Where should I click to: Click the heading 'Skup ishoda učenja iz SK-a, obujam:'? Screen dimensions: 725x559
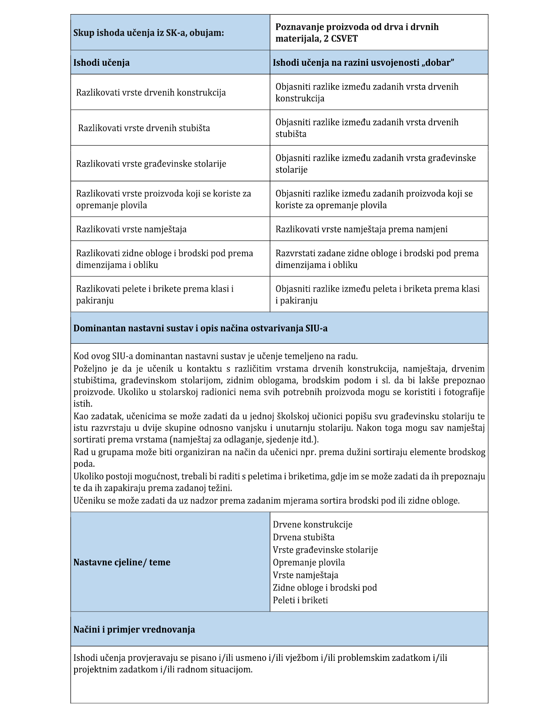148,33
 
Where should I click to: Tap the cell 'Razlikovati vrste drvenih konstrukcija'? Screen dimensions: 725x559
151,92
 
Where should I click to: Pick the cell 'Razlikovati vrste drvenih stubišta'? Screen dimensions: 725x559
144,128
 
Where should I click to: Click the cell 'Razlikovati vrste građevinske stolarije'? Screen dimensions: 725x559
151,164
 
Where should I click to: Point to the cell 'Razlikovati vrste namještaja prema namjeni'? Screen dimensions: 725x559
361,229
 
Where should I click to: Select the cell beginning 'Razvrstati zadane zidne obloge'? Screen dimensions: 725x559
377,259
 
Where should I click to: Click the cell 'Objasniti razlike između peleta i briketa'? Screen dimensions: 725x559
378,295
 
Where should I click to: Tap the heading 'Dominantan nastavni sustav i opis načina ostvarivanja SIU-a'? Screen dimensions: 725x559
200,328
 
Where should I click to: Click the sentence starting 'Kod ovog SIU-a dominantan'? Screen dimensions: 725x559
215,356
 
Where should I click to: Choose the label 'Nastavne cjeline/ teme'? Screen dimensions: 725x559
122,562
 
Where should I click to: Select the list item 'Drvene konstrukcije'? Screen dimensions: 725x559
313,524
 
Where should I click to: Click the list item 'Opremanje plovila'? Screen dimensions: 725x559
309,562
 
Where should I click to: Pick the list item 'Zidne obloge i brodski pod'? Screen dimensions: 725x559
325,587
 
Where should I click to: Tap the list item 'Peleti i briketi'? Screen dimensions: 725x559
300,600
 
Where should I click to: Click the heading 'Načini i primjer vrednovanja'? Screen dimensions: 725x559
134,629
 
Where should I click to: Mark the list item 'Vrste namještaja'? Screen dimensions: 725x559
306,575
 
